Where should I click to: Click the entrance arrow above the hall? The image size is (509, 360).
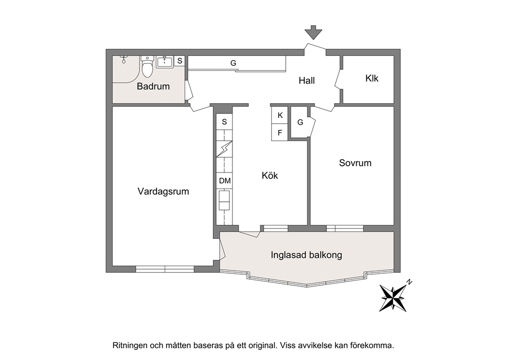314,32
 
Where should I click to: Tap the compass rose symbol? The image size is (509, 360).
393,297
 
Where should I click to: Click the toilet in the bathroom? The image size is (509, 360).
147,67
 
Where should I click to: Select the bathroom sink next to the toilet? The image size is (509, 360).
165,62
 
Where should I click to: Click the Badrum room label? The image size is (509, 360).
153,86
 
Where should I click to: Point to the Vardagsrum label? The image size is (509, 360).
163,192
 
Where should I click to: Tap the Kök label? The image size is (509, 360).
270,176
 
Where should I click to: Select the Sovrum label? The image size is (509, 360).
355,163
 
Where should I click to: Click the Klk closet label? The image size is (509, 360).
371,78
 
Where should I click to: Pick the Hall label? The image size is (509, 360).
307,81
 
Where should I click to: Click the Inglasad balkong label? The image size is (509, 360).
306,255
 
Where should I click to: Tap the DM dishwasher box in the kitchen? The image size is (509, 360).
225,181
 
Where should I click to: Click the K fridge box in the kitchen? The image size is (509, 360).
280,116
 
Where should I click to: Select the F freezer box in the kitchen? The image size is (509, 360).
280,132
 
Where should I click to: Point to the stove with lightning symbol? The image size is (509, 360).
224,149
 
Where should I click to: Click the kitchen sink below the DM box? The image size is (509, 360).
224,200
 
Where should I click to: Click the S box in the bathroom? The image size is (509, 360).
180,61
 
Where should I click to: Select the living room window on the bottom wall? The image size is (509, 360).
165,269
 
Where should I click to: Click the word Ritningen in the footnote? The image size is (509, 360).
129,346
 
